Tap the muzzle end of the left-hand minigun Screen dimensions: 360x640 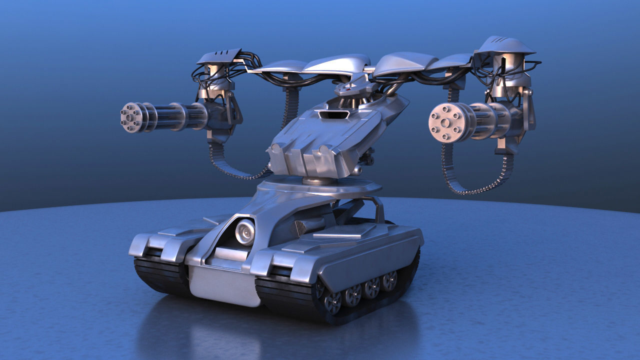click(130, 117)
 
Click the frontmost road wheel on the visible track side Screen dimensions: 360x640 click(332, 301)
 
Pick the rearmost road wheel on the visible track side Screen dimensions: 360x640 click(389, 280)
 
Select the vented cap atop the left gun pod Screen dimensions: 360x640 click(220, 56)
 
